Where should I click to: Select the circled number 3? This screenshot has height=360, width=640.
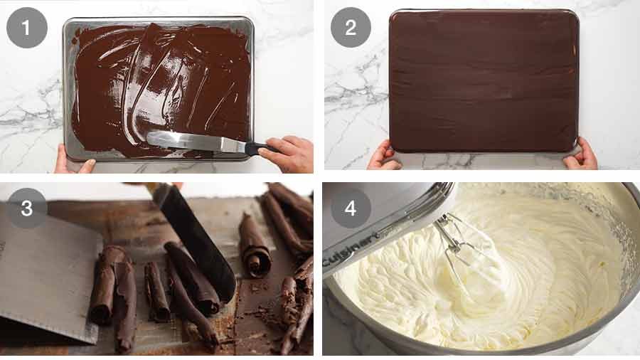click(27, 208)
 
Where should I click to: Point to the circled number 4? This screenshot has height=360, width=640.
click(351, 208)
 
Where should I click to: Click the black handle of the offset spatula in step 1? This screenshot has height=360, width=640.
click(255, 148)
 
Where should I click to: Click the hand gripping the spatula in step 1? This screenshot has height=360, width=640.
click(288, 153)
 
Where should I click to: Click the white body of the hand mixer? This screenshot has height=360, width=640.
click(384, 213)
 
